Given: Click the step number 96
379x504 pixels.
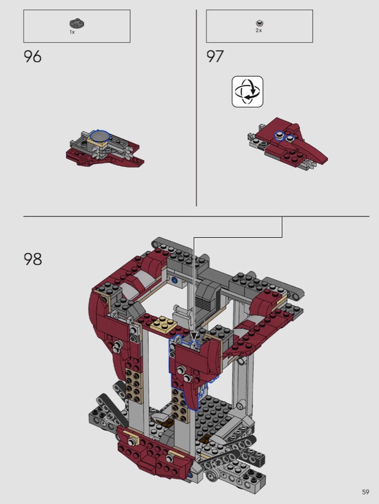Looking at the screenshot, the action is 33,57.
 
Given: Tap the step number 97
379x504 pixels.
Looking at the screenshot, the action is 215,57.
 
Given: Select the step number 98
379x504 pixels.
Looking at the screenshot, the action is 33,259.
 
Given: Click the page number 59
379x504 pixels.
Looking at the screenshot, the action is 366,492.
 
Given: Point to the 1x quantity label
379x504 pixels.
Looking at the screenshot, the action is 72,32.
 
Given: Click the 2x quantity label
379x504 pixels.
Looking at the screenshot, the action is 259,30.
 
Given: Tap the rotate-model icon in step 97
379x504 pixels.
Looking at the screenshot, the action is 248,92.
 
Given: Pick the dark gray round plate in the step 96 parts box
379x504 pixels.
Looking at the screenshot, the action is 77,24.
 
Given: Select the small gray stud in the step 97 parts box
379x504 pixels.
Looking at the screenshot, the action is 260,23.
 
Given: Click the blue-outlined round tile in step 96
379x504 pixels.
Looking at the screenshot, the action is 100,136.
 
